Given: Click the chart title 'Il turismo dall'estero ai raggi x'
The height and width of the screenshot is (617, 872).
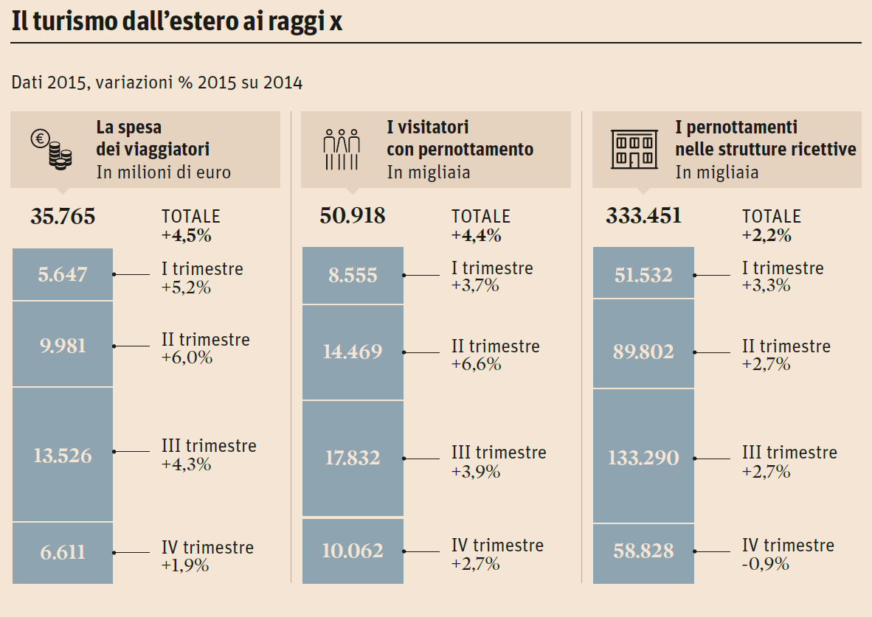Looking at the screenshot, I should (177, 22).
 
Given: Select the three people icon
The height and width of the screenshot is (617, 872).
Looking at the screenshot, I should (342, 150).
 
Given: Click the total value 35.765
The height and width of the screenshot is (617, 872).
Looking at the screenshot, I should (63, 217).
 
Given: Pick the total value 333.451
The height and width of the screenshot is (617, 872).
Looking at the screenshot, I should (643, 217).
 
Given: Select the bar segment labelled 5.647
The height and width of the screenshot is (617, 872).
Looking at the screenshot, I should (63, 274).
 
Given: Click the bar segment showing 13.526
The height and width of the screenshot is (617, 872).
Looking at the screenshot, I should (63, 455).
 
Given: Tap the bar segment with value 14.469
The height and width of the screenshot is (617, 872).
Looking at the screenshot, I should (353, 352).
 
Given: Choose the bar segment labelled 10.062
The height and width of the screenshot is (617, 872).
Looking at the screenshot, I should (353, 551).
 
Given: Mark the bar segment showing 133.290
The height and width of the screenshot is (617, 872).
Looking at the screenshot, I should (643, 457).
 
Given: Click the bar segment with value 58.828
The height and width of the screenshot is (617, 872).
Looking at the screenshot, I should (643, 551).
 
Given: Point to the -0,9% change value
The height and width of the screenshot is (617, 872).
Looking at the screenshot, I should (766, 564).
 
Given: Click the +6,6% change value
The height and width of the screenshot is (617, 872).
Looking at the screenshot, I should (477, 364).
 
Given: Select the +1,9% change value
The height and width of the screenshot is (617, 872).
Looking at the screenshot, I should (185, 565).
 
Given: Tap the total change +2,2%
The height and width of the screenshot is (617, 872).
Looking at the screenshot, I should (767, 236).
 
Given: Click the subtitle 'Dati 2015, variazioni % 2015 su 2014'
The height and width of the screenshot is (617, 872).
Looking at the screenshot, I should (157, 83).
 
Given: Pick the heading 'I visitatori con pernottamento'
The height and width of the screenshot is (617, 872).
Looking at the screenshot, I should (460, 138).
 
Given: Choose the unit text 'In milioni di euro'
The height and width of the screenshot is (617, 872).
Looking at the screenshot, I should (163, 172).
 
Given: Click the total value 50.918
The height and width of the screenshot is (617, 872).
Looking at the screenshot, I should (352, 217).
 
